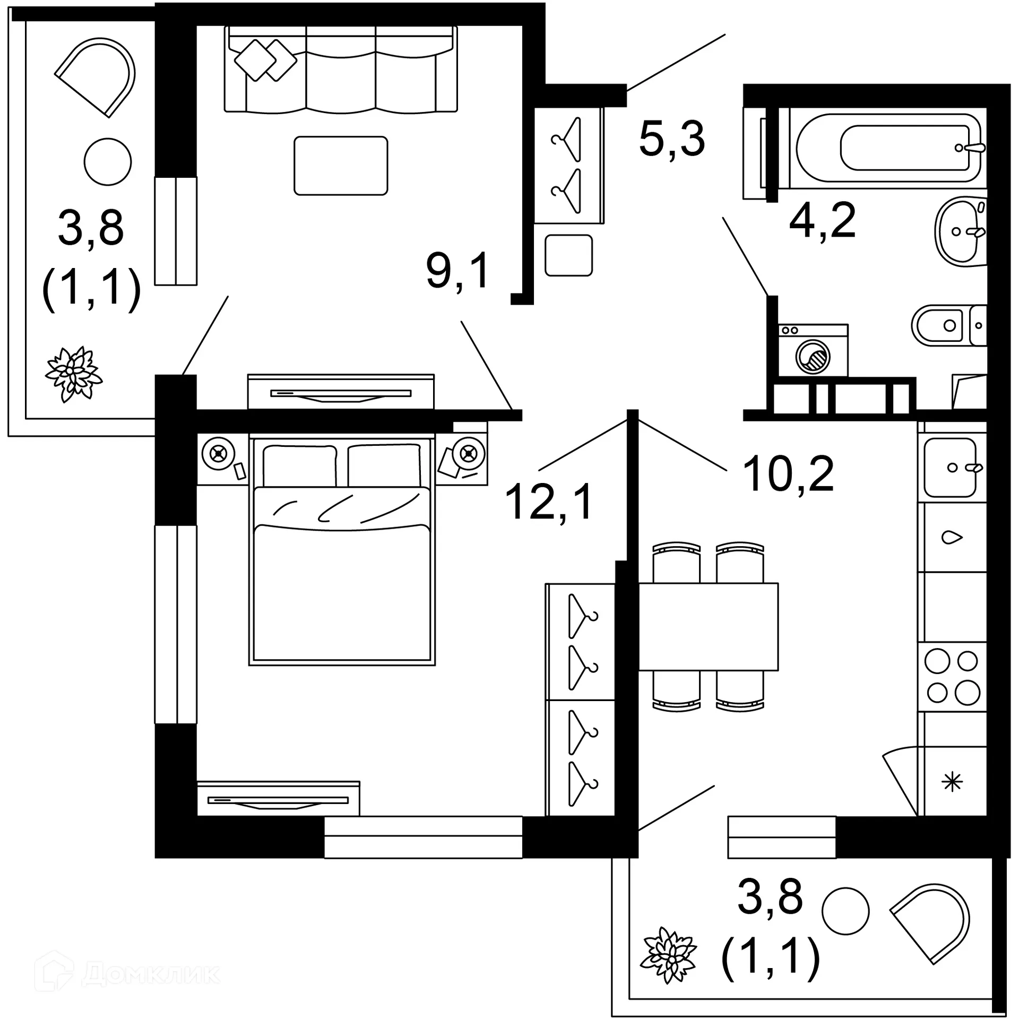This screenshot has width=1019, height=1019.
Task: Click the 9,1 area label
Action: (457, 271)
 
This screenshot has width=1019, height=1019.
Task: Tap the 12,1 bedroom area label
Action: (549, 502)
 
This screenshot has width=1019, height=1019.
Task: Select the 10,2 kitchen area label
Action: (788, 474)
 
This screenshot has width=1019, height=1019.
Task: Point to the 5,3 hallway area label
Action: (672, 139)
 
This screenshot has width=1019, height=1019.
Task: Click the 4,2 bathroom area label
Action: (822, 220)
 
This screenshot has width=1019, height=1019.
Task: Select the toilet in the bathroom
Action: (947, 325)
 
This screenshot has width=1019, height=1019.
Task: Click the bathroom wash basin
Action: (960, 231)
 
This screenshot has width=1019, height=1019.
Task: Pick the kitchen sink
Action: (951, 467)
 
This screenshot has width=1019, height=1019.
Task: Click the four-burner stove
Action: (952, 677)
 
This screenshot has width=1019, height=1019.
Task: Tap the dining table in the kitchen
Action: (708, 626)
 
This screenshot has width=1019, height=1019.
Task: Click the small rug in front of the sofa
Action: (341, 166)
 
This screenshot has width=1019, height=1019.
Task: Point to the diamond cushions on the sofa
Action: (265, 60)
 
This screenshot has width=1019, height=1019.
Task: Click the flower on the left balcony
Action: (74, 374)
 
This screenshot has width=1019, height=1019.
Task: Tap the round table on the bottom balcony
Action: (845, 911)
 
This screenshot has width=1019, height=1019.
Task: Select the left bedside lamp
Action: (218, 454)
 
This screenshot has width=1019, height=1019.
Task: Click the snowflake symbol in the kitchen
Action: (952, 782)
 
